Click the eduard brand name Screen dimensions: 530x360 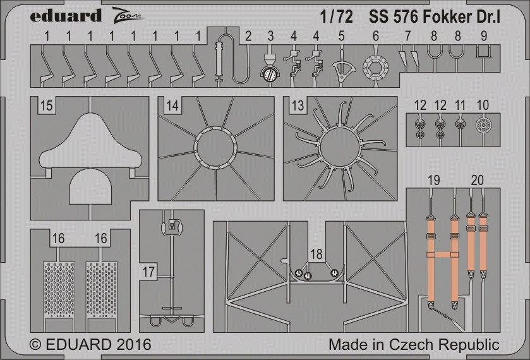(x=66, y=16)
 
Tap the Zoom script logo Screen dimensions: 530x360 (x=127, y=15)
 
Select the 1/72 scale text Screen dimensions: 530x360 (x=337, y=16)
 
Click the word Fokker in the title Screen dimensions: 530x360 (x=445, y=16)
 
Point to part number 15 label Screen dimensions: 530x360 (x=46, y=105)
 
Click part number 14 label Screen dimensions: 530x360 (x=172, y=105)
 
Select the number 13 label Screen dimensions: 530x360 (x=298, y=105)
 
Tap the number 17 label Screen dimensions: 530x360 (x=148, y=272)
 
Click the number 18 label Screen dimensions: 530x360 (x=316, y=254)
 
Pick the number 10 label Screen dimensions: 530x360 (x=483, y=105)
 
